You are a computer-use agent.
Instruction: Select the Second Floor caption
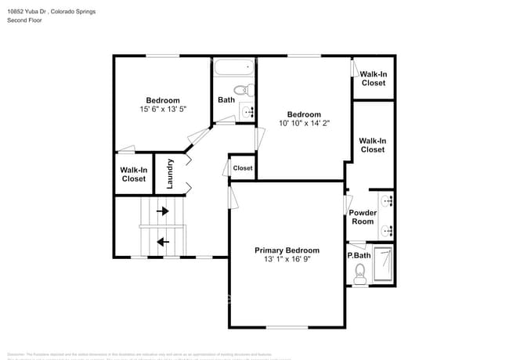click(x=24, y=20)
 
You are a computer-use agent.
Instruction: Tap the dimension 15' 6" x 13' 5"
click(x=163, y=110)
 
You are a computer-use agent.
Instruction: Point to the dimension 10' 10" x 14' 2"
click(x=304, y=122)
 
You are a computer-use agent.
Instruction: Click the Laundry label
click(x=169, y=174)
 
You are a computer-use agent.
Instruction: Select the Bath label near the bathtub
click(x=226, y=99)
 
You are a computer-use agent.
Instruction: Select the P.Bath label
click(x=359, y=255)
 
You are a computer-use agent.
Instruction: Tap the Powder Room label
click(x=362, y=217)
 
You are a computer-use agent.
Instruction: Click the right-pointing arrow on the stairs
click(x=163, y=211)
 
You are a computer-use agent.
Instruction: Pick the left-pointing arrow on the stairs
click(x=163, y=242)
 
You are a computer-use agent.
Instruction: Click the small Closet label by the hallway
click(x=243, y=168)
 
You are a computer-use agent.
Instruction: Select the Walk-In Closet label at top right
click(x=373, y=78)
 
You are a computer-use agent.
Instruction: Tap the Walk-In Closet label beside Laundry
click(x=133, y=174)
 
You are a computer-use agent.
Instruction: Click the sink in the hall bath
click(x=249, y=112)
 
